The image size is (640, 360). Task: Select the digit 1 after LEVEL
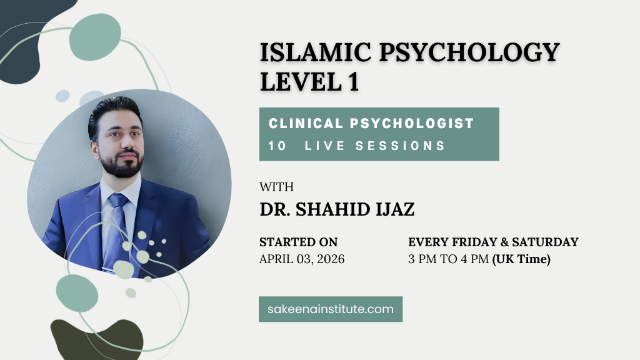[x=354, y=82]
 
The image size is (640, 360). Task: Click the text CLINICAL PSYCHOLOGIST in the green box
[x=371, y=123]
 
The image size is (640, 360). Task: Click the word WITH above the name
[x=276, y=187]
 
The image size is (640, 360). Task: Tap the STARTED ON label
[x=299, y=242]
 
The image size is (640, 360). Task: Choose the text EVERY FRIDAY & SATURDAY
[x=493, y=242]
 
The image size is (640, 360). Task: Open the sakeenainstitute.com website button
[x=331, y=309]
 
